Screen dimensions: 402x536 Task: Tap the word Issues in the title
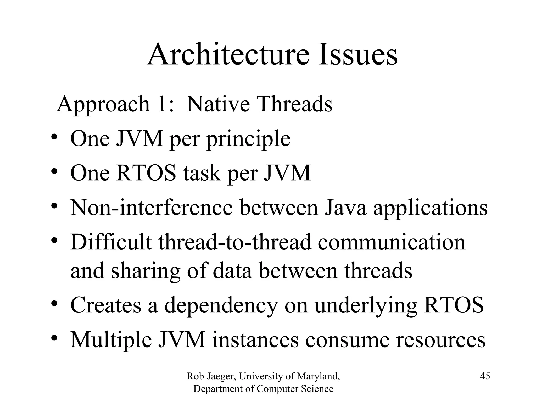tap(358, 55)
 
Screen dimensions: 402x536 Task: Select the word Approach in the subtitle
tap(103, 104)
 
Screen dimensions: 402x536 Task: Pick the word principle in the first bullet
tap(248, 139)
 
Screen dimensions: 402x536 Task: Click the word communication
tap(392, 242)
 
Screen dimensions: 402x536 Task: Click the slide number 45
tap(485, 376)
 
